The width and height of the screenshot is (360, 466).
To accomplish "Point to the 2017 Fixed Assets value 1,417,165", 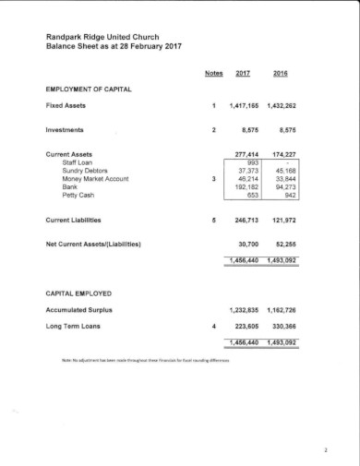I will click(245, 106).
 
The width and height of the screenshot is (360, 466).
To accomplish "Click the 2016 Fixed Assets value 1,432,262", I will click(281, 106).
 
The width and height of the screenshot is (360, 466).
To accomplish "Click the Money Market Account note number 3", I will click(213, 178).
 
